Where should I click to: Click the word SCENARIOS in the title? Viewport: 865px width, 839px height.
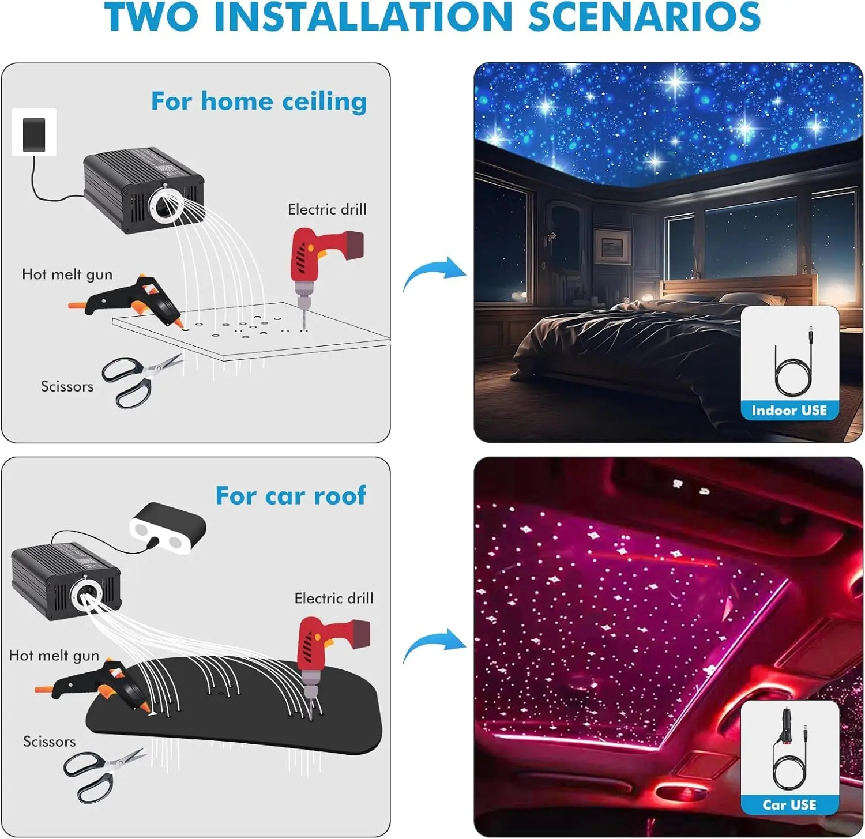pos(644,17)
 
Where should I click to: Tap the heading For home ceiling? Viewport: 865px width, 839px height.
pos(259,101)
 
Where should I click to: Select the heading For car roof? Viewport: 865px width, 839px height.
pos(291,495)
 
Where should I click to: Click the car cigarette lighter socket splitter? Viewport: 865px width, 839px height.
pos(167,528)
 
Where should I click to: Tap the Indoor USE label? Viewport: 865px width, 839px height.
pos(789,411)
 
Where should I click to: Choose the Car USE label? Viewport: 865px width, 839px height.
pos(789,805)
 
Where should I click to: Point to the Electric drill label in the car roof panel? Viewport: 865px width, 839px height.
pos(334,598)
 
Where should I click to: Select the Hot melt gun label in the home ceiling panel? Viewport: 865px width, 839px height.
pos(67,274)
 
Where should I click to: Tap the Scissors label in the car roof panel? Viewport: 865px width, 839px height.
pos(50,741)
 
